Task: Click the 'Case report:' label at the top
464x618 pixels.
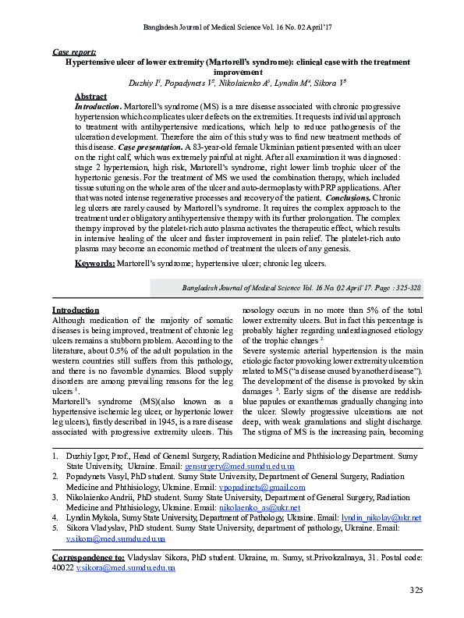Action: click(x=74, y=51)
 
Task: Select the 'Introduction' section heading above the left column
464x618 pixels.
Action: click(x=75, y=310)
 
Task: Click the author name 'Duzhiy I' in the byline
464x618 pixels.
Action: click(x=144, y=81)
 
